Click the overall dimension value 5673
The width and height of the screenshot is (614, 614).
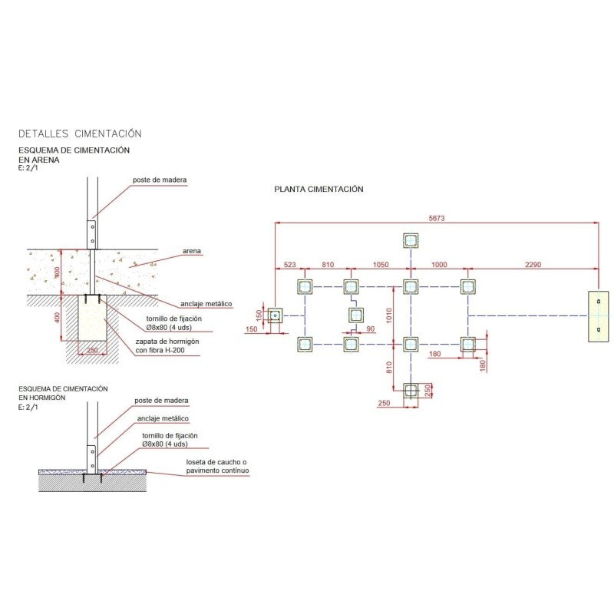tap(437, 219)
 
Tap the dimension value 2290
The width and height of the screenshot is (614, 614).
tap(533, 265)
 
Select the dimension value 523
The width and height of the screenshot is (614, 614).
tap(290, 265)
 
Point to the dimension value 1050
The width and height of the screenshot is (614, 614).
tap(381, 265)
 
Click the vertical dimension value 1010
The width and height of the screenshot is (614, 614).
tap(389, 315)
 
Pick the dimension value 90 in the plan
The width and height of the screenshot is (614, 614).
tap(371, 329)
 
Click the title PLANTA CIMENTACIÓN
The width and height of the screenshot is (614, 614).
tap(319, 189)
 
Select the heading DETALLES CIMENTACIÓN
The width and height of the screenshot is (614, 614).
tap(80, 134)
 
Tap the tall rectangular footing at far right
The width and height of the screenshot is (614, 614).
tap(599, 316)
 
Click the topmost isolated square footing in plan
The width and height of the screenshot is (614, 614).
tap(411, 240)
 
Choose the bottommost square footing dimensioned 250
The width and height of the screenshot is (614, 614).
tap(411, 391)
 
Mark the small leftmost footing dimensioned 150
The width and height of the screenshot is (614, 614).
tap(276, 315)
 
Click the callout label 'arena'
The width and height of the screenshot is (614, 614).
tap(192, 251)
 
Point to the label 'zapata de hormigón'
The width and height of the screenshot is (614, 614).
tap(167, 342)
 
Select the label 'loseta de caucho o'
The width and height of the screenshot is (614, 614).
tap(216, 462)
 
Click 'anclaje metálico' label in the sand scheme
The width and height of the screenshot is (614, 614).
tap(206, 304)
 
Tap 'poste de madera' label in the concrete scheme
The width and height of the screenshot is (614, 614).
tap(161, 401)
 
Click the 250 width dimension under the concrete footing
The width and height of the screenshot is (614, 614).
tap(92, 350)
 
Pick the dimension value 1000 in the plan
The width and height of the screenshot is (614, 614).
tap(439, 265)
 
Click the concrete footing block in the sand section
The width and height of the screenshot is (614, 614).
tap(92, 318)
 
